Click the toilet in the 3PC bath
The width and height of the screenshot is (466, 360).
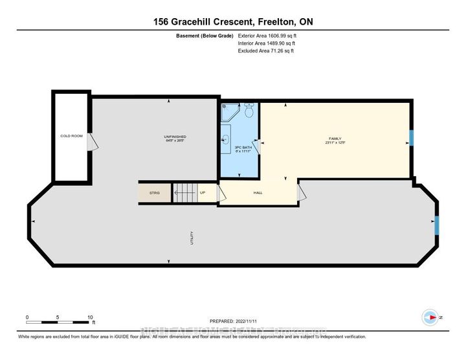pyautogui.click(x=249, y=111)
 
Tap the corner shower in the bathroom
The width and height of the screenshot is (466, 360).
pyautogui.click(x=229, y=113)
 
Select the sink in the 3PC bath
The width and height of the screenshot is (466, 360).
pyautogui.click(x=226, y=138)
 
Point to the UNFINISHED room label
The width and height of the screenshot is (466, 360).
pyautogui.click(x=175, y=138)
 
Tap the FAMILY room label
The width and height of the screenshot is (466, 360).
pyautogui.click(x=334, y=140)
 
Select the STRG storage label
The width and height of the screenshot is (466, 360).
pyautogui.click(x=154, y=193)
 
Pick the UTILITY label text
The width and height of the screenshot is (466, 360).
pyautogui.click(x=192, y=238)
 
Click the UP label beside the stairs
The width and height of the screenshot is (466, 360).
pyautogui.click(x=203, y=193)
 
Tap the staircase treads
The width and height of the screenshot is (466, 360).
pyautogui.click(x=184, y=193)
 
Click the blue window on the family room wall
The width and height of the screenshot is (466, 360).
pyautogui.click(x=411, y=138)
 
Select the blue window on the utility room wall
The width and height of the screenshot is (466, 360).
pyautogui.click(x=438, y=225)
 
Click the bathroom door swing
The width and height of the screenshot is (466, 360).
pyautogui.click(x=256, y=148)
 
